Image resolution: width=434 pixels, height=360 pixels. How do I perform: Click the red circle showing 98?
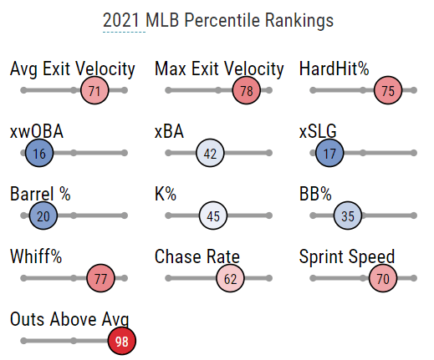tap(122, 341)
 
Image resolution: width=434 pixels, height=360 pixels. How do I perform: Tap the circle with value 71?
tap(94, 90)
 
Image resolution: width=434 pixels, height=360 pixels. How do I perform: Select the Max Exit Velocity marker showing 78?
tap(247, 90)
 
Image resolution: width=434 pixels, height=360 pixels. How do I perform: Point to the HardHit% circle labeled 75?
tap(388, 90)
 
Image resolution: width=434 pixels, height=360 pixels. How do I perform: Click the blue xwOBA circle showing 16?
tap(39, 153)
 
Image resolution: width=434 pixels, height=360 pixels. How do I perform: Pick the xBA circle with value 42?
tap(210, 153)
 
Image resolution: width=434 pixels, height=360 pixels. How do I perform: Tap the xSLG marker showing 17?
tap(329, 153)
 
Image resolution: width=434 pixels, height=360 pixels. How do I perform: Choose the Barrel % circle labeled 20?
tap(43, 215)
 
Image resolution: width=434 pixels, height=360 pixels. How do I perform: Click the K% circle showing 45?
tap(213, 215)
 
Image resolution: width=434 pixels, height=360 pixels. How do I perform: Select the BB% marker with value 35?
tap(348, 215)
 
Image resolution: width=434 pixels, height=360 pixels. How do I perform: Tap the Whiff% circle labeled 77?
tap(100, 278)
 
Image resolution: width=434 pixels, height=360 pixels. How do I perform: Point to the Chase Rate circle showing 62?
tap(230, 278)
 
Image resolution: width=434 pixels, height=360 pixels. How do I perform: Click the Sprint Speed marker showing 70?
tap(383, 278)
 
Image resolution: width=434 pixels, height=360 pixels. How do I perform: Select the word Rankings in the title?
tap(299, 21)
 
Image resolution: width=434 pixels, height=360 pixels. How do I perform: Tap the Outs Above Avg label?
tap(69, 319)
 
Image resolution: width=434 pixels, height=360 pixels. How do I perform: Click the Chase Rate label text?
tap(197, 256)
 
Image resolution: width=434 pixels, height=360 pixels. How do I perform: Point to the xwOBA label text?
tap(37, 131)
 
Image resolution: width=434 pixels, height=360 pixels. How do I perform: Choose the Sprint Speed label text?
tap(347, 256)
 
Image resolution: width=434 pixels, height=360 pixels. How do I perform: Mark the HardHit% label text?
tap(334, 68)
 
